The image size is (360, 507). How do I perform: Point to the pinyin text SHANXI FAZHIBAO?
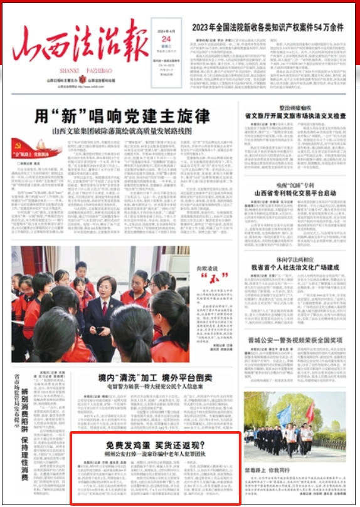click(x=85, y=70)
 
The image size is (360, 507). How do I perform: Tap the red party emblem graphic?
click(x=37, y=148)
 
